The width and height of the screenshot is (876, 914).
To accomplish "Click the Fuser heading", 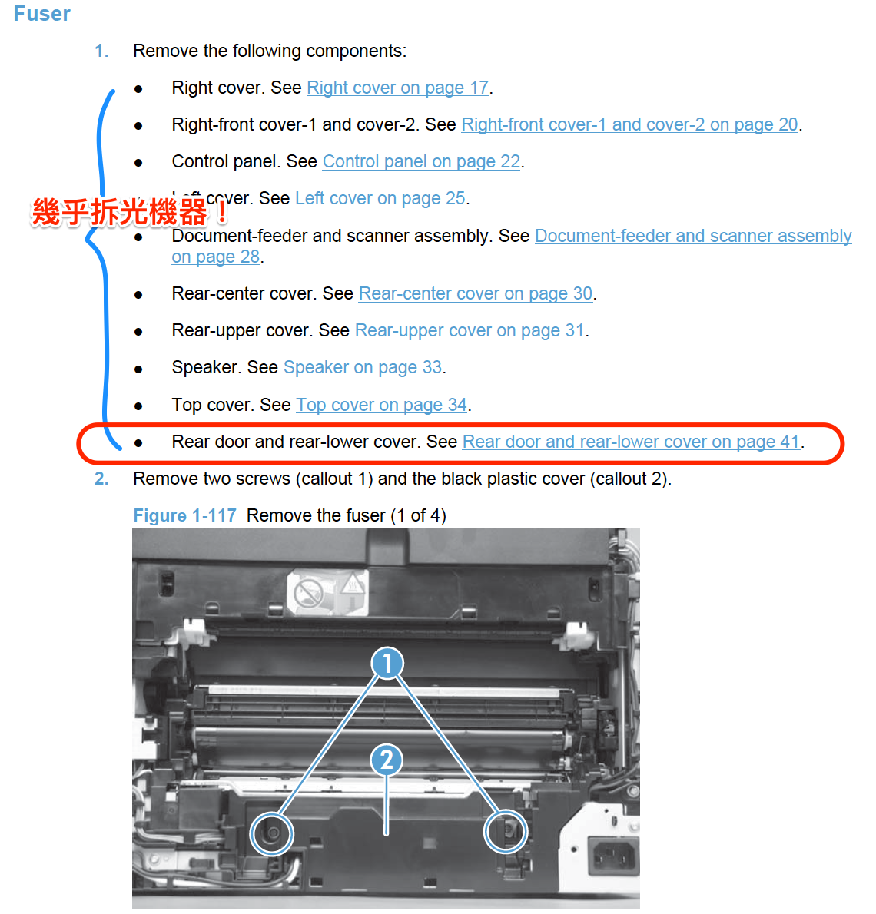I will [41, 14].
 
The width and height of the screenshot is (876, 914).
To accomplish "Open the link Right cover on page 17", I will [397, 88].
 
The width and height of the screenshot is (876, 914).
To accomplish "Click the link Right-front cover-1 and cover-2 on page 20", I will [629, 124].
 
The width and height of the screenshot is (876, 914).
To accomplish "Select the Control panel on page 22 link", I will [421, 161].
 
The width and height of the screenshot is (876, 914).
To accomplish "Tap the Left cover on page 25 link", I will [380, 198].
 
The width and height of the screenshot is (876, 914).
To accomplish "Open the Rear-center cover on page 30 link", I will [475, 293].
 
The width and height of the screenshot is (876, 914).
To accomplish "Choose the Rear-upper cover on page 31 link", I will [470, 330].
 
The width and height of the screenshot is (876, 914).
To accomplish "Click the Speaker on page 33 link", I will [363, 367].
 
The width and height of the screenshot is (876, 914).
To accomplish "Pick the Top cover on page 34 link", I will [381, 405].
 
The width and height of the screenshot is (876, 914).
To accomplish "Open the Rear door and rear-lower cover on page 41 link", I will [631, 442].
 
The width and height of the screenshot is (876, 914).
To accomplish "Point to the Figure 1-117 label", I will [184, 515].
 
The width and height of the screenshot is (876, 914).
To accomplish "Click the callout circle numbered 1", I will [387, 663].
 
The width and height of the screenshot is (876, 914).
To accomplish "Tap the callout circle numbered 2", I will [387, 760].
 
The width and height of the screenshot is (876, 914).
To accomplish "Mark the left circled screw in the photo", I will [271, 833].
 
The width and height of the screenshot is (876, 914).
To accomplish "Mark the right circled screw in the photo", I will [505, 830].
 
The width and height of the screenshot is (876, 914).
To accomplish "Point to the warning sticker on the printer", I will [327, 592].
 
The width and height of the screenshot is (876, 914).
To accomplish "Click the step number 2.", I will [101, 479].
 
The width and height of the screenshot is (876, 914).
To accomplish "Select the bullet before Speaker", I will [138, 369].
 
